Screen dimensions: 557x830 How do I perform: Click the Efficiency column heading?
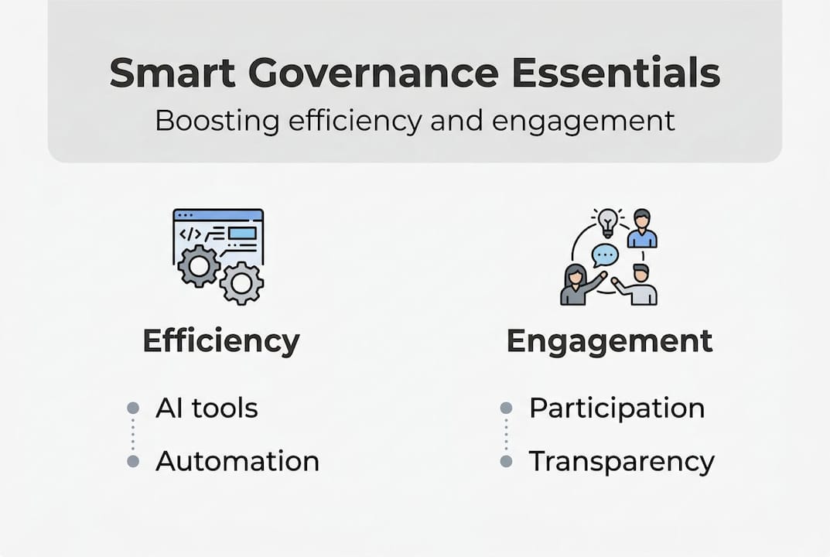[221, 340]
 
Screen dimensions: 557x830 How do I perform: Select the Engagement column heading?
[610, 340]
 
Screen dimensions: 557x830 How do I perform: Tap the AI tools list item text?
[207, 408]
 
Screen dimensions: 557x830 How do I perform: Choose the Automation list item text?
[237, 461]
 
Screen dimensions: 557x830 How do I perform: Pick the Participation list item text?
[617, 408]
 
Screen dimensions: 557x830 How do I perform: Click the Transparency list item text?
[621, 462]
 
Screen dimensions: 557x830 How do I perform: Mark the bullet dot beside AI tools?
[133, 408]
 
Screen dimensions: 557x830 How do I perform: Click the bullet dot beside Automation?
[133, 461]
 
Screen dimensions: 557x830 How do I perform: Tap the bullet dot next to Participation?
[506, 408]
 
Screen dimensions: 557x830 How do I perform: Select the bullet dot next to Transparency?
[506, 461]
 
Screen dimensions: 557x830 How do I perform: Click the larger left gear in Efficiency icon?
[199, 267]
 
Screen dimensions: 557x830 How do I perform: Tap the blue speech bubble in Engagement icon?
[604, 255]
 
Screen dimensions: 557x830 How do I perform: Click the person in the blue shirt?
[642, 230]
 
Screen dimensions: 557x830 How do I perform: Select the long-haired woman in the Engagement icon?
[577, 285]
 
